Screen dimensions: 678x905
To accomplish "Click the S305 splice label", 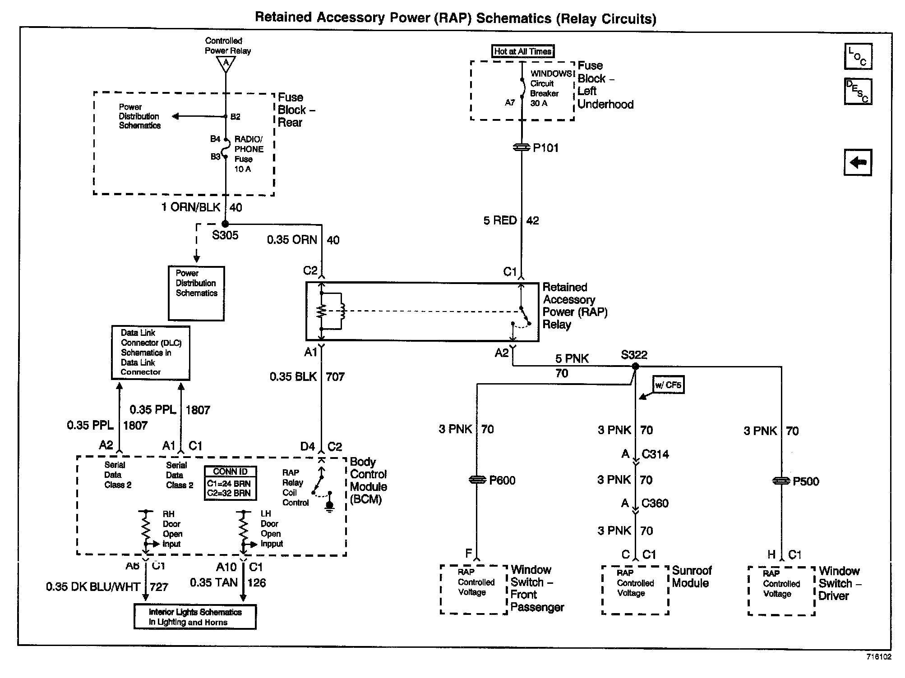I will [x=225, y=235].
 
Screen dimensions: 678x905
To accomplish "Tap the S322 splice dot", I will [x=635, y=366].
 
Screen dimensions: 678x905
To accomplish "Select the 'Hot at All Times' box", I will [x=522, y=51].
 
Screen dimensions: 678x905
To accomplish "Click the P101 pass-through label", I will [x=545, y=148].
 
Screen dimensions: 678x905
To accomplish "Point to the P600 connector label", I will [x=502, y=481].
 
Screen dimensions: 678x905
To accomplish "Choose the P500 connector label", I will [x=806, y=481].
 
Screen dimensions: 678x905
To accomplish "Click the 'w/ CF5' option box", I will [x=668, y=385].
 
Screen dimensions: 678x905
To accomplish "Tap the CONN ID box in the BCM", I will [x=230, y=483].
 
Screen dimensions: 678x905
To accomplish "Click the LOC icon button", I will [x=858, y=56].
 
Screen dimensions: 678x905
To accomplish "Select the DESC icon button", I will [x=858, y=92].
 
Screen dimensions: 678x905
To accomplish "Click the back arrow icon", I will [x=858, y=162].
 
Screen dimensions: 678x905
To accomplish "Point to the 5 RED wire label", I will [x=500, y=220].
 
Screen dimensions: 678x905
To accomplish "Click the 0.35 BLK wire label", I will [x=293, y=377].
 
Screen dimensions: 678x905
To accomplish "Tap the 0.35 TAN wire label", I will [x=213, y=583].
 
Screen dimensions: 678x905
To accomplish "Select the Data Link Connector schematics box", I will [x=151, y=353].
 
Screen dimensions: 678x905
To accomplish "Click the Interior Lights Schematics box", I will [x=195, y=617].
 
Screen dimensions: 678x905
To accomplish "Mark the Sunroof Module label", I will [x=691, y=577].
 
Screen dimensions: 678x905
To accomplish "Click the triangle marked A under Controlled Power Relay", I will [x=226, y=64].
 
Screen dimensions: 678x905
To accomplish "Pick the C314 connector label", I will [x=655, y=454].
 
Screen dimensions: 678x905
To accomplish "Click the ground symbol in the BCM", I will [x=330, y=507].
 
